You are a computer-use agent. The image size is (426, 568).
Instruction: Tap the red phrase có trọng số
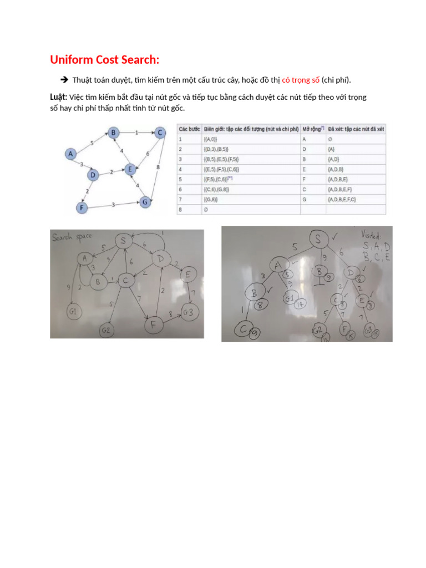coord(301,80)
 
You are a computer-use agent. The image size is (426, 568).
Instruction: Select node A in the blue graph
coord(70,154)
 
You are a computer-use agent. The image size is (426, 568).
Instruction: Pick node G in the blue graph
coord(145,202)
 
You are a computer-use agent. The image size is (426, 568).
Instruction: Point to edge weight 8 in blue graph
coord(159,166)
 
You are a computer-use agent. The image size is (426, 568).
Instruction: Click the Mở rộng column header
coord(312,129)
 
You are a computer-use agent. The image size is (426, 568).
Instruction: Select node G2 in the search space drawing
coord(107,331)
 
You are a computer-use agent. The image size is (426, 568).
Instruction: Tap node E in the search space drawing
coord(188,275)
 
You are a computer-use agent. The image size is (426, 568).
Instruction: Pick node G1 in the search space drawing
coord(73,311)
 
